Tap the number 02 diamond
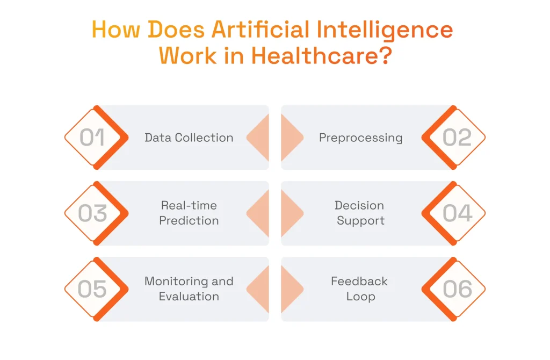(457, 138)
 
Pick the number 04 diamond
(457, 213)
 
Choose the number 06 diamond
(457, 289)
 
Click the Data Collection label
(189, 138)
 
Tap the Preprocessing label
(360, 138)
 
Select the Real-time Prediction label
(189, 213)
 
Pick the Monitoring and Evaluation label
(189, 289)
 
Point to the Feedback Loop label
(359, 289)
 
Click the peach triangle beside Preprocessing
(291, 138)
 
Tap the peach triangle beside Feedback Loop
(291, 289)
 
